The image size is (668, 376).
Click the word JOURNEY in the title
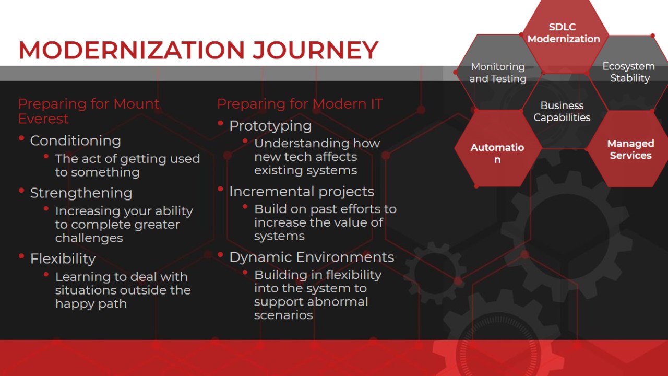[316, 50]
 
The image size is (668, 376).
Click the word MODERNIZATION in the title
[132, 50]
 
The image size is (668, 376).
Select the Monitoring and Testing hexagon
[497, 73]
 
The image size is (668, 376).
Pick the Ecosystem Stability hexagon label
[629, 72]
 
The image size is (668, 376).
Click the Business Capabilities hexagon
[562, 111]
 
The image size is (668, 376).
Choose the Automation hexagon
[497, 149]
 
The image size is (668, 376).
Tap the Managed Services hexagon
[630, 149]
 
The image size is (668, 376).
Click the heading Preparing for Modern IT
[300, 104]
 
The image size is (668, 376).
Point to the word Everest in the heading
[43, 119]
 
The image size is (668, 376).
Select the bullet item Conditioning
[76, 140]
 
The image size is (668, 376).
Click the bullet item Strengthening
[81, 193]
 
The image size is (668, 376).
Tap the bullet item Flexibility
[63, 258]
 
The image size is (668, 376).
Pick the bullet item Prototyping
[270, 126]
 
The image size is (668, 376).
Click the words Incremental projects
[302, 191]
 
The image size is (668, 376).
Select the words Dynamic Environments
[312, 257]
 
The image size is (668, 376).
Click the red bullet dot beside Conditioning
[21, 138]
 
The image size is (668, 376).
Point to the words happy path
[91, 304]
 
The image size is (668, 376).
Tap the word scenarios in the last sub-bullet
[283, 315]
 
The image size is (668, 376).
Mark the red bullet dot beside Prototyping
[221, 123]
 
